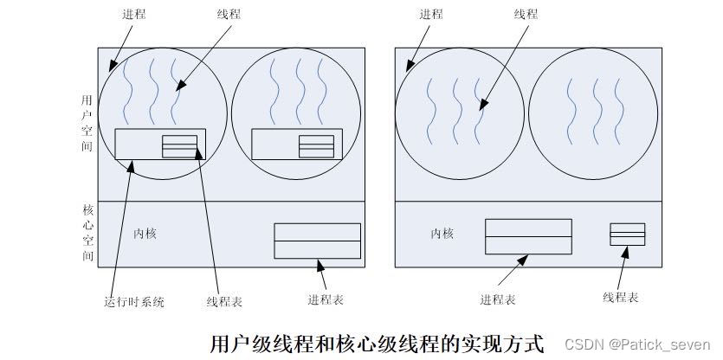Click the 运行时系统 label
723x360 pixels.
click(x=134, y=302)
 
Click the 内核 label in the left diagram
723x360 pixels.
click(x=145, y=234)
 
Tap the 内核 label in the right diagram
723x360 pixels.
click(x=442, y=234)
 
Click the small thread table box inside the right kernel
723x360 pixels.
click(x=627, y=235)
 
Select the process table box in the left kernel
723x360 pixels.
click(x=317, y=241)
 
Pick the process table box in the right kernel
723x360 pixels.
click(x=528, y=236)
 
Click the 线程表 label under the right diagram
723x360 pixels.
click(x=621, y=298)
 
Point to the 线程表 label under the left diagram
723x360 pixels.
click(x=224, y=302)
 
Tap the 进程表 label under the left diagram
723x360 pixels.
click(x=326, y=299)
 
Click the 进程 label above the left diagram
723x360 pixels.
click(x=133, y=15)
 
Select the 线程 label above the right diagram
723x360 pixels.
click(x=526, y=15)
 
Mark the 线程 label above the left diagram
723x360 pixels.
click(x=229, y=15)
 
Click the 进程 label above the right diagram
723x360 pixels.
click(x=430, y=15)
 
